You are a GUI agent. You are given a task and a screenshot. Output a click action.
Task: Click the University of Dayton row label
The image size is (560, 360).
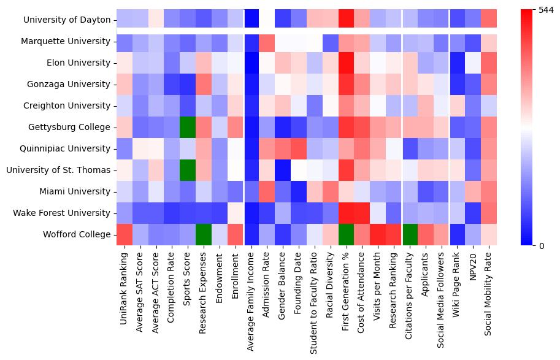pos(67,20)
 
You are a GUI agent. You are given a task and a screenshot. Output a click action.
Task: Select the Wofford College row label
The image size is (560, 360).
pos(77,234)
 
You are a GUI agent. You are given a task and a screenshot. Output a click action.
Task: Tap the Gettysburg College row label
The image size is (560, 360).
pos(74,128)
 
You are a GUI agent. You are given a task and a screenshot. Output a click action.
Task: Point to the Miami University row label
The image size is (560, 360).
pos(76,192)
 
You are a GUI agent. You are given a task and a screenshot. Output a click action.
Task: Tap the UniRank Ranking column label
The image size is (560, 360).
pos(125,285)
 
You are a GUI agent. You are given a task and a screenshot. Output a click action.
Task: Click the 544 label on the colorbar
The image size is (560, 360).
pos(546,10)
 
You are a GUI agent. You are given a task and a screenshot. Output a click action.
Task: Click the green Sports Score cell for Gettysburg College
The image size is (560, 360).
pos(188,128)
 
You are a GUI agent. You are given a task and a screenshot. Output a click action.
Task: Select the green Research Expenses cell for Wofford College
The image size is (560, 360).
pos(204,234)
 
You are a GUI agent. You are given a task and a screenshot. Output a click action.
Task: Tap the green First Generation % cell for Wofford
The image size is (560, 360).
pos(348,234)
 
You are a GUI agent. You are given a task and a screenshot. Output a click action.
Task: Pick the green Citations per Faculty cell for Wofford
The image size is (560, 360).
pos(412,234)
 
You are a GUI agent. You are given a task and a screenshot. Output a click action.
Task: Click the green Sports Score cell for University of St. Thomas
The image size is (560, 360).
pos(188,170)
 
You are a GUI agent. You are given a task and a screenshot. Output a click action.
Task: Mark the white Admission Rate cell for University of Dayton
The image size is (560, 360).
pos(268,20)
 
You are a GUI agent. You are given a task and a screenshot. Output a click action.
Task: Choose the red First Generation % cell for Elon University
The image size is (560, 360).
pos(348,63)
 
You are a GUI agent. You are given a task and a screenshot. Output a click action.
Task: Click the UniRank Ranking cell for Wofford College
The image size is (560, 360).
pos(125,234)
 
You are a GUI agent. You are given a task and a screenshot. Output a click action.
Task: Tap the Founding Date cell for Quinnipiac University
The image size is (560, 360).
pos(300,149)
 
